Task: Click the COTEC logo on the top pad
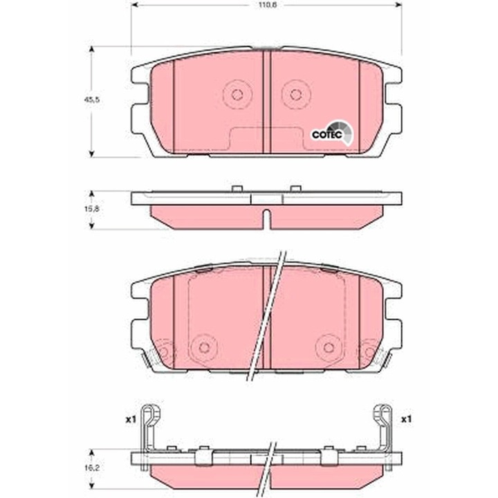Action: point(329,133)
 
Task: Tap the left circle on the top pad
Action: point(237,95)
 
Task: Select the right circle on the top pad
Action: point(296,95)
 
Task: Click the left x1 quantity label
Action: point(129,419)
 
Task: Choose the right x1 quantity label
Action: point(406,419)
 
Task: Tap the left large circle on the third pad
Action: point(203,347)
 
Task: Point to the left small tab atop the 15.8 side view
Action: point(236,189)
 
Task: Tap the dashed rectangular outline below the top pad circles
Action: point(266,138)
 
